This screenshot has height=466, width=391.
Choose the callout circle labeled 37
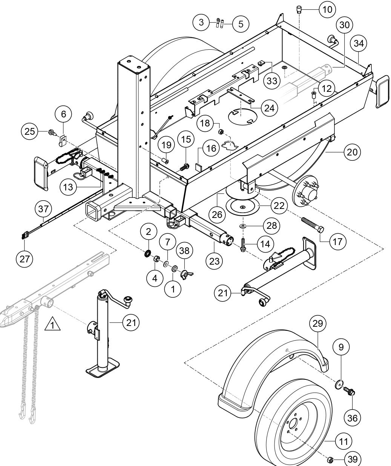click(44, 209)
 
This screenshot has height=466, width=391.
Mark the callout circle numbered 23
click(214, 260)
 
